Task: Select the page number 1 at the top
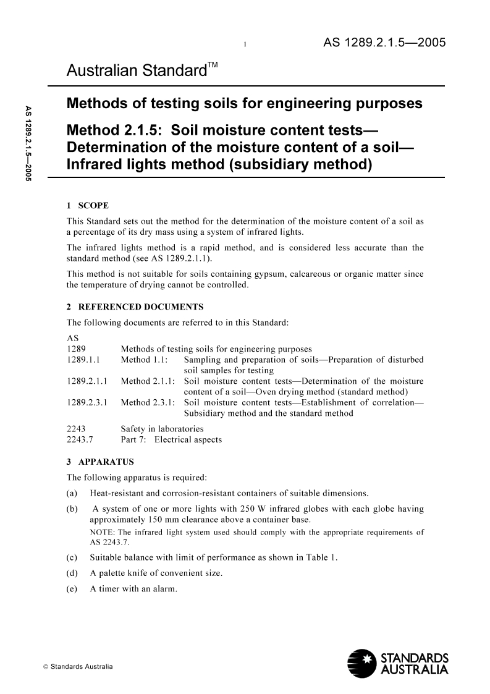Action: pyautogui.click(x=246, y=45)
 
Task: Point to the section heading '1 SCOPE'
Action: pyautogui.click(x=88, y=205)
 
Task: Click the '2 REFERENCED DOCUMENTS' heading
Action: pyautogui.click(x=135, y=307)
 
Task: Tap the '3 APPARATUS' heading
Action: pyautogui.click(x=100, y=461)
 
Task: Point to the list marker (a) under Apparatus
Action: pyautogui.click(x=72, y=493)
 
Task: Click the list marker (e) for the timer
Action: pyautogui.click(x=72, y=589)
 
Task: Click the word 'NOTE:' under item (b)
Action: pyautogui.click(x=101, y=531)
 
